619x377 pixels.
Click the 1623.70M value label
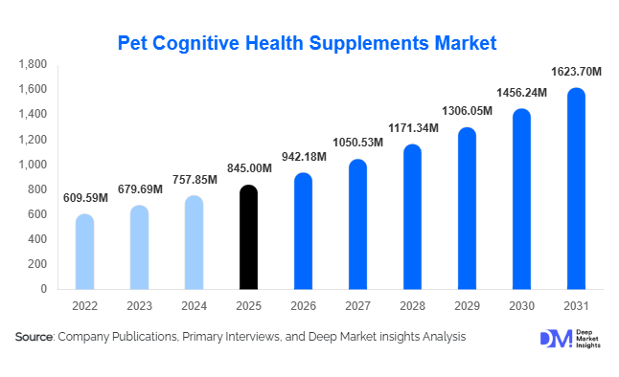coord(576,72)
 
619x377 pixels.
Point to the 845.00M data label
coord(248,169)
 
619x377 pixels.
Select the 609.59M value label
coord(84,198)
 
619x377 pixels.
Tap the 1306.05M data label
coord(467,111)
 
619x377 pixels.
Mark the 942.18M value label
coord(303,157)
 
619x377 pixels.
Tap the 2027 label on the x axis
coord(357,306)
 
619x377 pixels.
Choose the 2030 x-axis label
coord(521,306)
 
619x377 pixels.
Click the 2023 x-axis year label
coord(139,306)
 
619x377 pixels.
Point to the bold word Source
coord(34,337)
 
